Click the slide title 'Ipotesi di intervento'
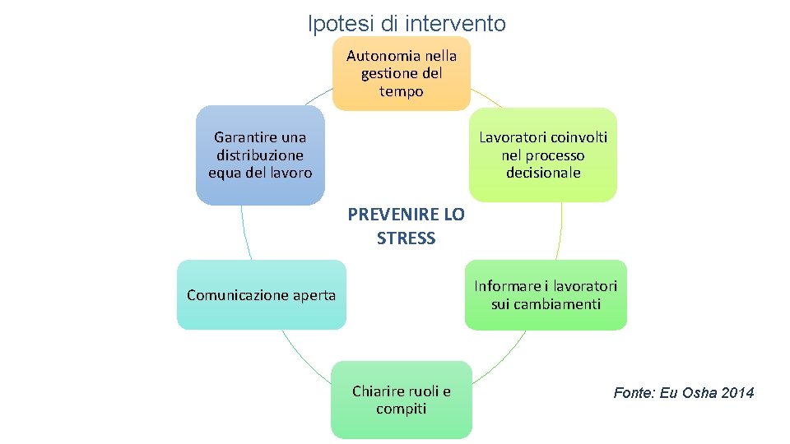pyautogui.click(x=407, y=24)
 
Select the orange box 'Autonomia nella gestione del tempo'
pyautogui.click(x=402, y=73)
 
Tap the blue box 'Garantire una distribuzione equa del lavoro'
pyautogui.click(x=260, y=155)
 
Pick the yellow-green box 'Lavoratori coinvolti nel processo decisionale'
pyautogui.click(x=543, y=155)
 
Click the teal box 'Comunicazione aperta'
pyautogui.click(x=262, y=295)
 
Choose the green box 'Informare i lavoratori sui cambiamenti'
pyautogui.click(x=546, y=295)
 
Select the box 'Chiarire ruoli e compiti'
pyautogui.click(x=402, y=400)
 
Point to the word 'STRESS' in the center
pyautogui.click(x=406, y=239)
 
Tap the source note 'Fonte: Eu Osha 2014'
pyautogui.click(x=683, y=393)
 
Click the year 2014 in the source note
pyautogui.click(x=737, y=393)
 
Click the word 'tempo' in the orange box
pyautogui.click(x=402, y=91)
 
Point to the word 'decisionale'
pyautogui.click(x=543, y=173)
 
